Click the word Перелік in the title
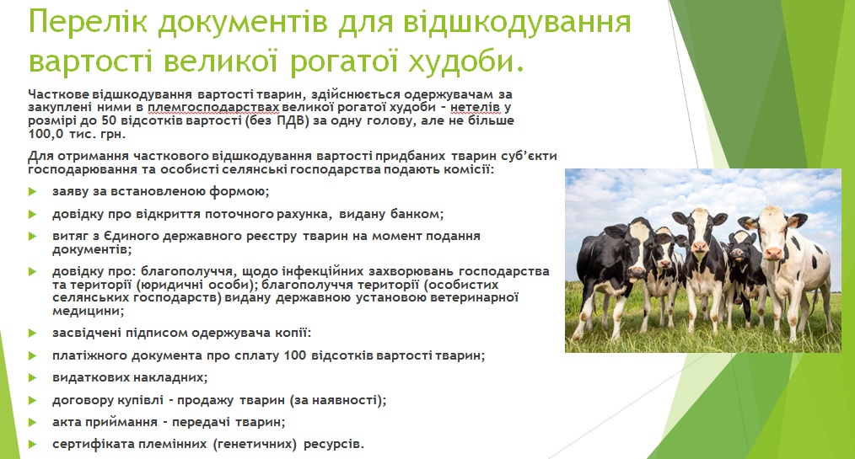pyautogui.click(x=88, y=23)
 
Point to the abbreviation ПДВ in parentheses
pyautogui.click(x=289, y=120)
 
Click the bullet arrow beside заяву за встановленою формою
pyautogui.click(x=32, y=192)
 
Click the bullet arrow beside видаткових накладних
pyautogui.click(x=32, y=377)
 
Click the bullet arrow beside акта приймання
pyautogui.click(x=32, y=422)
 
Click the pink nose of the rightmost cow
pyautogui.click(x=772, y=254)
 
